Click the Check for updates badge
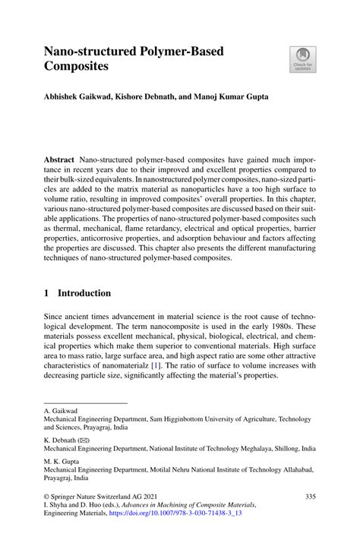(302, 59)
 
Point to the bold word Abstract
(61, 160)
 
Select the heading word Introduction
(84, 293)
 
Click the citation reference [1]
(155, 365)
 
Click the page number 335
(309, 497)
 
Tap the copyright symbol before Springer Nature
(47, 497)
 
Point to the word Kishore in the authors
(131, 97)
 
